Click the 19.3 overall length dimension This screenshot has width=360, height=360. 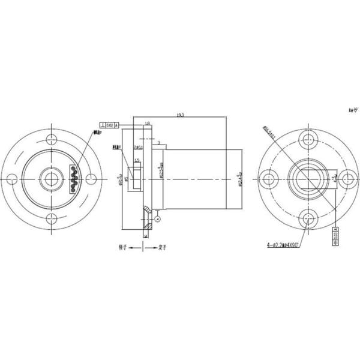[179, 114]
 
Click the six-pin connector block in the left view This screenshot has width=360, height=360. [74, 178]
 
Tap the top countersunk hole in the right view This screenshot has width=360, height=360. [310, 139]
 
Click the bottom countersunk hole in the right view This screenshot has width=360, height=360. [310, 217]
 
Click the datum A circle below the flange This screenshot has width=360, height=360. [157, 220]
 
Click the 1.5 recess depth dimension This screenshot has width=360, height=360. [137, 160]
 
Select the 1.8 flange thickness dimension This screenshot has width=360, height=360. [148, 123]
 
